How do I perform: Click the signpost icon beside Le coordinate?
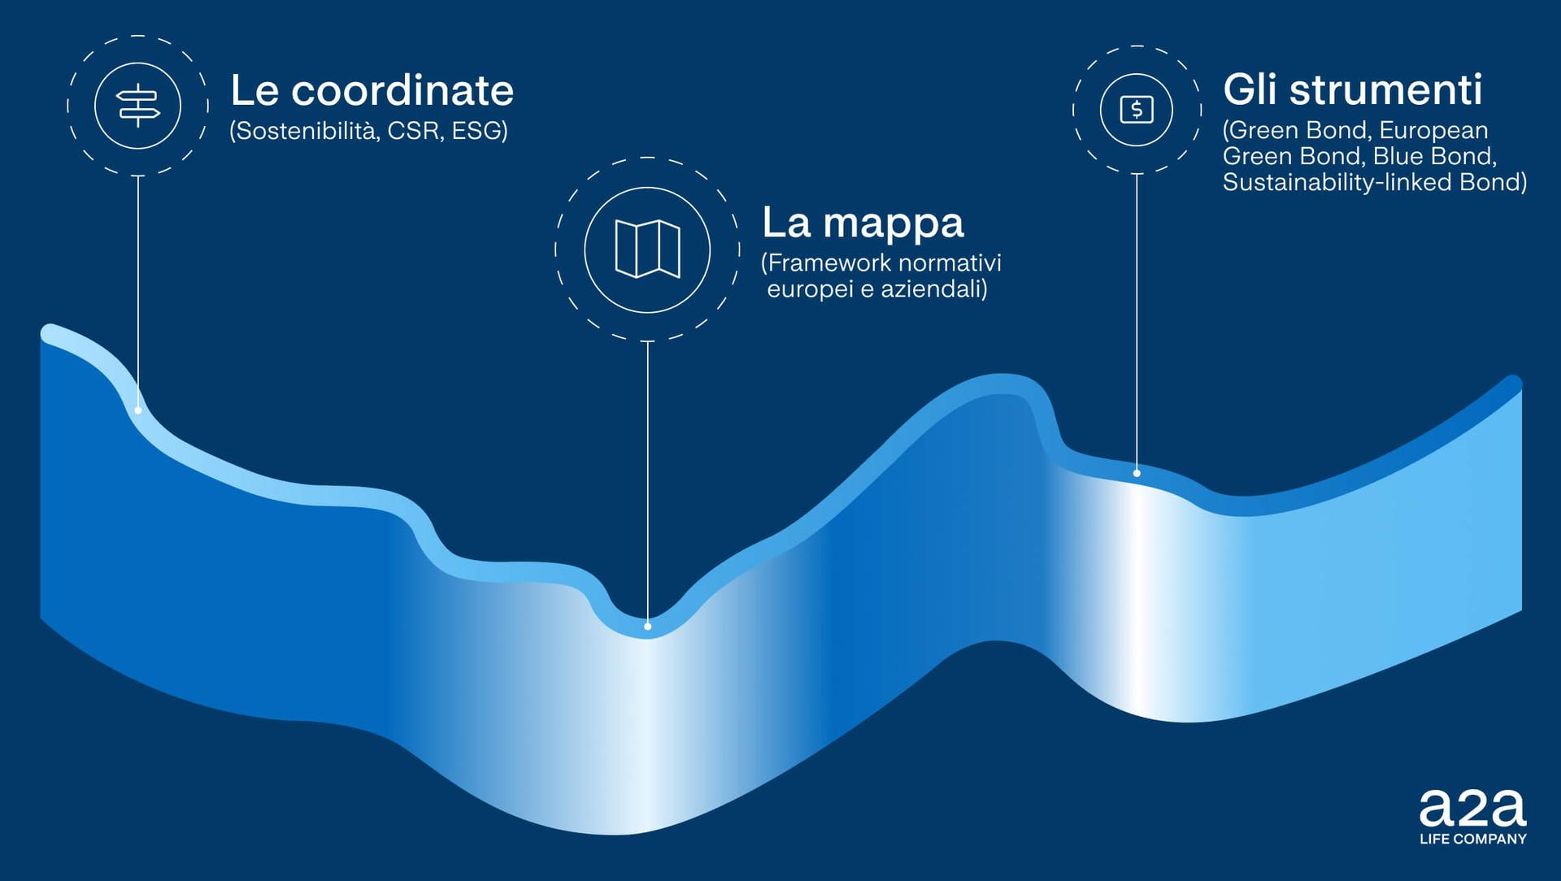[x=138, y=106]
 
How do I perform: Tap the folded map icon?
[x=647, y=249]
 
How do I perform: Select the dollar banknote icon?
[x=1137, y=109]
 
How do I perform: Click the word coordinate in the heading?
[x=402, y=90]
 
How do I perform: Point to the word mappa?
[x=894, y=224]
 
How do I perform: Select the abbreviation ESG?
[x=480, y=131]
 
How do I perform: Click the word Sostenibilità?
[x=305, y=131]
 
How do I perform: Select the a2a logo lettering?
[x=1472, y=808]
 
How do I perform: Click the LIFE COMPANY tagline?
[x=1473, y=839]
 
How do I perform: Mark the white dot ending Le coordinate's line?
[x=138, y=410]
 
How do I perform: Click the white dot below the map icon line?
[x=647, y=627]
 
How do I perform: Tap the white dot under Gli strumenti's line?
[x=1137, y=473]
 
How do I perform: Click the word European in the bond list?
[x=1433, y=131]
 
